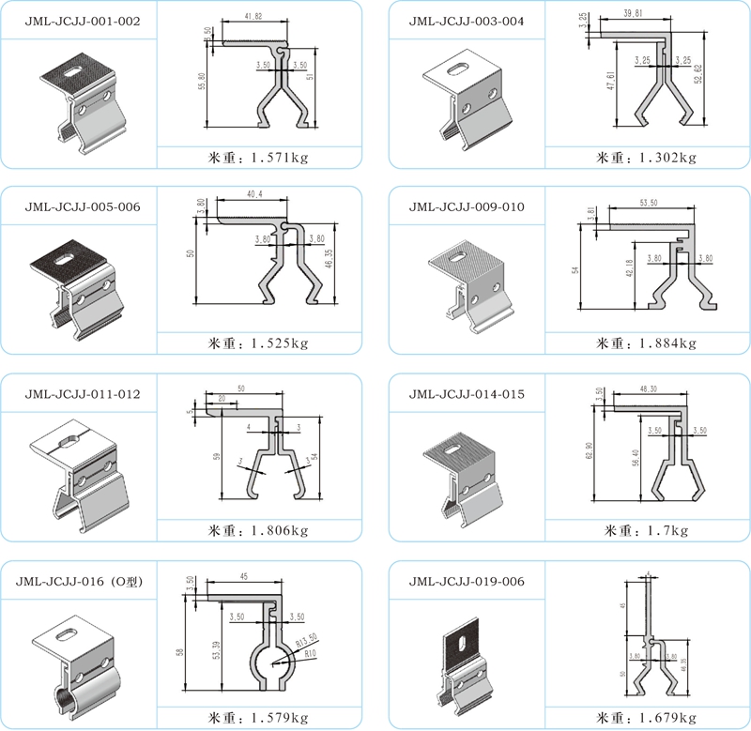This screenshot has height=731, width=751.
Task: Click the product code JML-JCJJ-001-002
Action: coord(78,20)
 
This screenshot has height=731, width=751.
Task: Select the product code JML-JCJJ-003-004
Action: coord(467,20)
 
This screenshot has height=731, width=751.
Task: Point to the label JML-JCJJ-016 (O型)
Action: coord(78,581)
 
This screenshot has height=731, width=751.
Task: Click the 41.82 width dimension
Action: coord(253,17)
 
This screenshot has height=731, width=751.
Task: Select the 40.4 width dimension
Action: coord(253,194)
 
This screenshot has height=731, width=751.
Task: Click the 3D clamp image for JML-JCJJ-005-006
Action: coord(78,282)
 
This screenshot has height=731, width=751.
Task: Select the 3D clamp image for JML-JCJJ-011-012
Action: coord(78,474)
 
